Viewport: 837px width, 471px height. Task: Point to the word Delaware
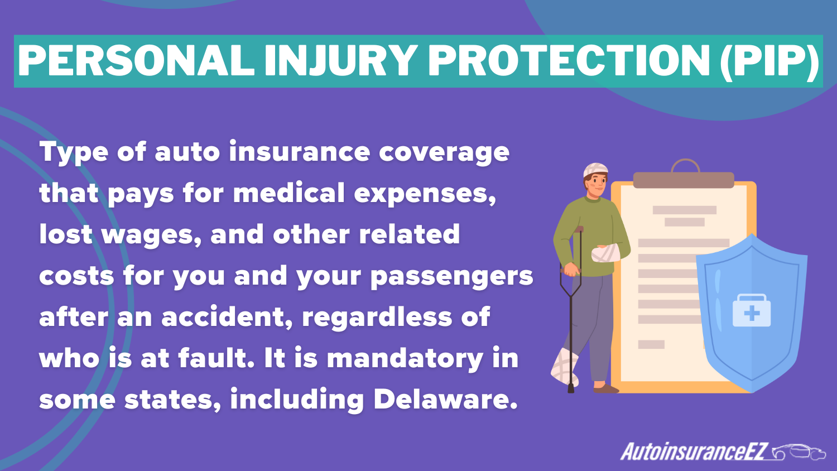[445, 400]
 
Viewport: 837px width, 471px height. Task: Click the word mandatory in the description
[405, 358]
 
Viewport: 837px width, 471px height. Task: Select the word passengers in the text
[451, 276]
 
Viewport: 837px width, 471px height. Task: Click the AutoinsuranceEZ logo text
[695, 451]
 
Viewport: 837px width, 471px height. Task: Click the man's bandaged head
[595, 170]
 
